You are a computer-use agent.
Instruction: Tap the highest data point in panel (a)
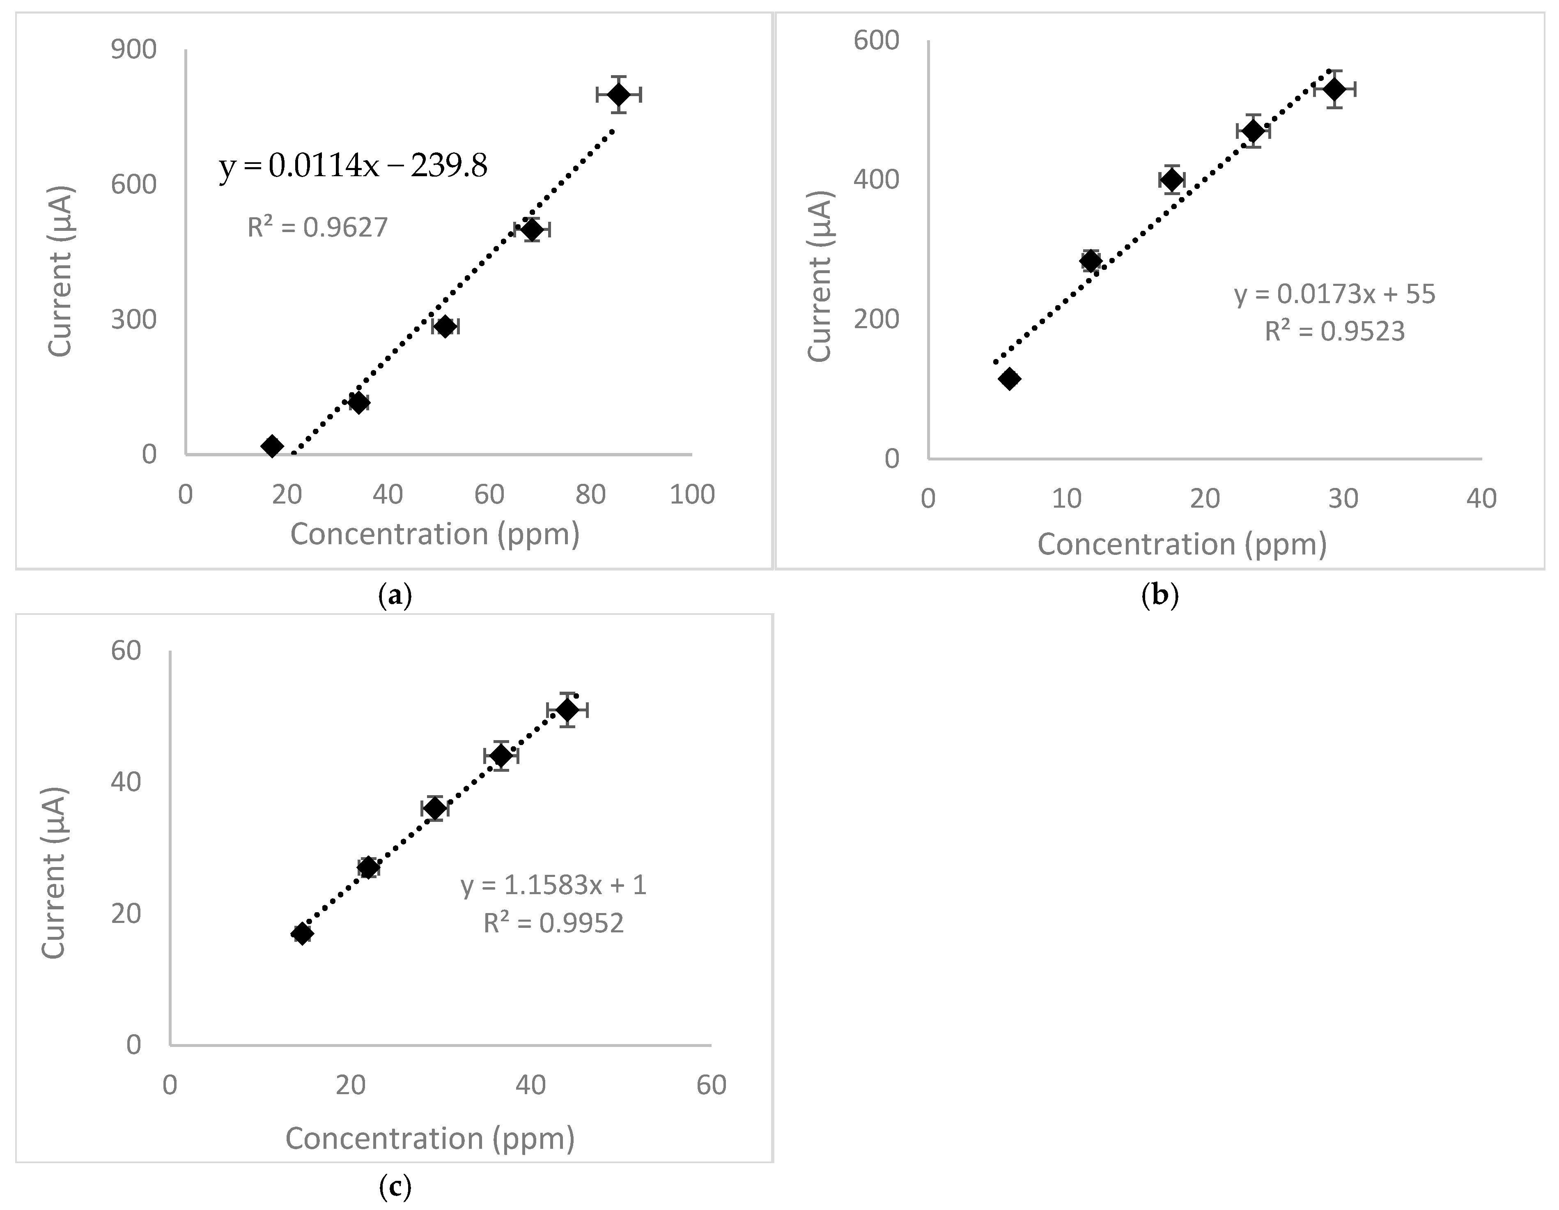619,94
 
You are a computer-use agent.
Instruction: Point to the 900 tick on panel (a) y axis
133,49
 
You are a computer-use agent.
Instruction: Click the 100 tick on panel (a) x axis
692,494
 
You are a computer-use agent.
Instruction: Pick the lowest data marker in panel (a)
272,446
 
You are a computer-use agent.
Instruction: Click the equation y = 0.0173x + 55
1334,294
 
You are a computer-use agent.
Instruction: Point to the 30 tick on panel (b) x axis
1343,498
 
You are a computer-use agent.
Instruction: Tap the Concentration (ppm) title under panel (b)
1181,545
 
